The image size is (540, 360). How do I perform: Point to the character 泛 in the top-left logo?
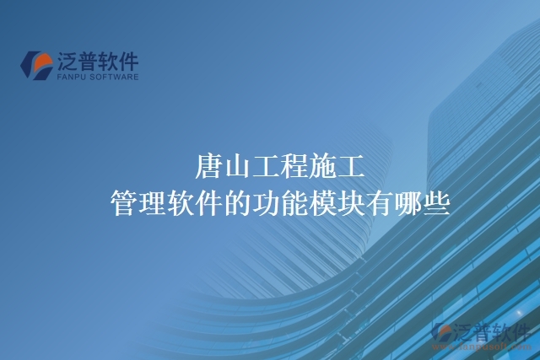pyautogui.click(x=68, y=61)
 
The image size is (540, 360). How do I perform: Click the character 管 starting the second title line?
pyautogui.click(x=124, y=203)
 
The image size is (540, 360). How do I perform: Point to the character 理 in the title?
pyautogui.click(x=154, y=203)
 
